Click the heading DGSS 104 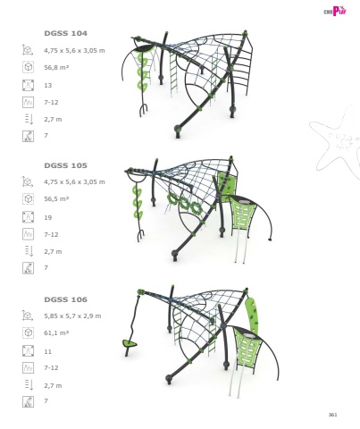coord(65,33)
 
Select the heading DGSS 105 coord(65,165)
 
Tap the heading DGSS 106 coord(65,299)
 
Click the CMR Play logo coord(335,11)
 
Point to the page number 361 coord(332,415)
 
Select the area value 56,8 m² coord(56,67)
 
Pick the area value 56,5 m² coord(56,198)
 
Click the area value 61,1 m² coord(56,332)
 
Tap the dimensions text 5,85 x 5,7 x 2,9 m coord(72,315)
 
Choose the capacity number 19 coord(48,217)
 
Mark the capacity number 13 coord(48,86)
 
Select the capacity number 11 coord(48,351)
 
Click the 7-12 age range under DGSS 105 coord(51,234)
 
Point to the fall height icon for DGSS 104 coord(29,119)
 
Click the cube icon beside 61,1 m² coord(28,332)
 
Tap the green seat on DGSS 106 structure coord(130,344)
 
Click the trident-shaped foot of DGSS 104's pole coord(143,109)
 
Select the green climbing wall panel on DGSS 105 coord(225,184)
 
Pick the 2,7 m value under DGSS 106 coord(53,385)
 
